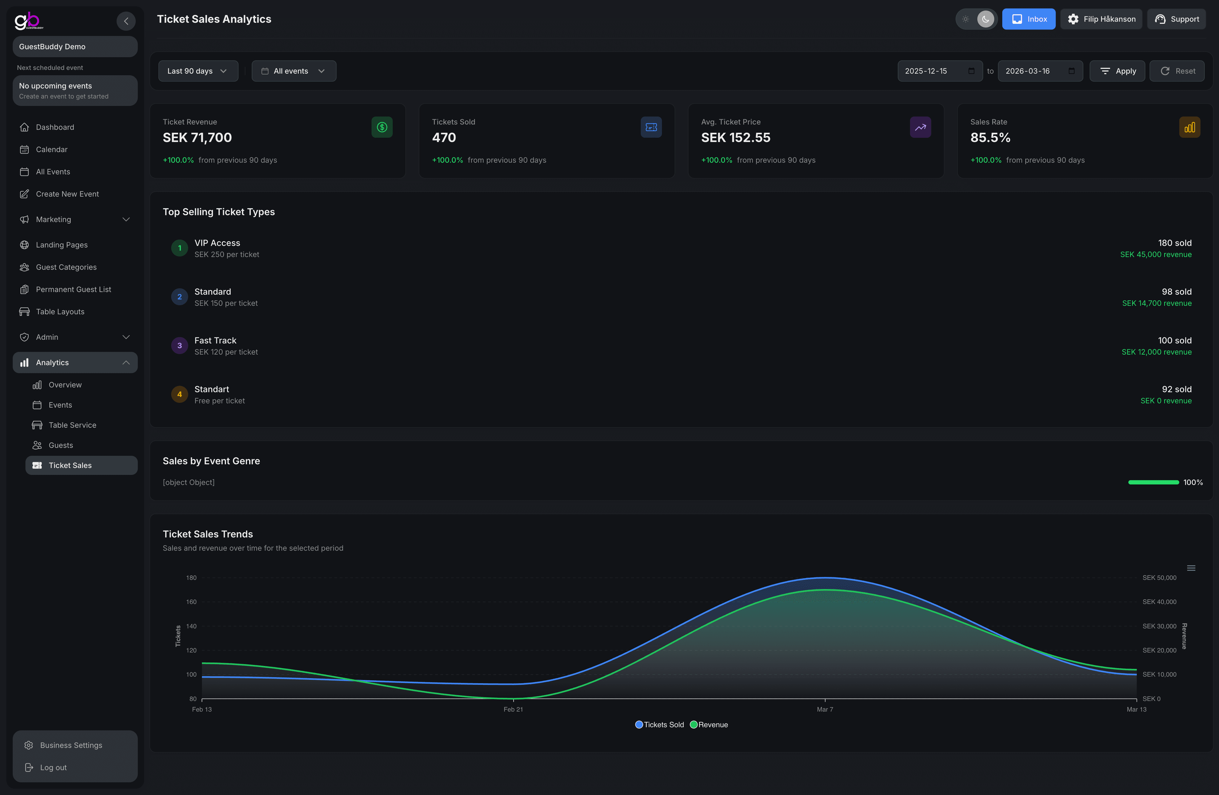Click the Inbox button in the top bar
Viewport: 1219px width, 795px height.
click(1029, 19)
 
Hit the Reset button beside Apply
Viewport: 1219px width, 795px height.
click(1177, 71)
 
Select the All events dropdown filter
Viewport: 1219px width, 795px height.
click(294, 71)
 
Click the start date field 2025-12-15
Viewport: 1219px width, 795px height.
click(939, 71)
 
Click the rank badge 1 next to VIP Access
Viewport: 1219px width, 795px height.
click(179, 248)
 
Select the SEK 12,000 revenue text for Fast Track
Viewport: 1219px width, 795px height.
click(1156, 352)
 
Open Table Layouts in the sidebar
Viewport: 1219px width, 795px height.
click(60, 311)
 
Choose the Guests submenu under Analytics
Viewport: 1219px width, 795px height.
click(60, 445)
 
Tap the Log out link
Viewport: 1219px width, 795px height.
click(53, 767)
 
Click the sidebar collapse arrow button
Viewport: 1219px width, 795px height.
click(126, 21)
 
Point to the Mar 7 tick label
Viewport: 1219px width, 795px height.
click(825, 710)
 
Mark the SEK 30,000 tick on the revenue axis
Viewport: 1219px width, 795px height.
click(1159, 626)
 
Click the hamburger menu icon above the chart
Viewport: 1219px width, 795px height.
click(1191, 568)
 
